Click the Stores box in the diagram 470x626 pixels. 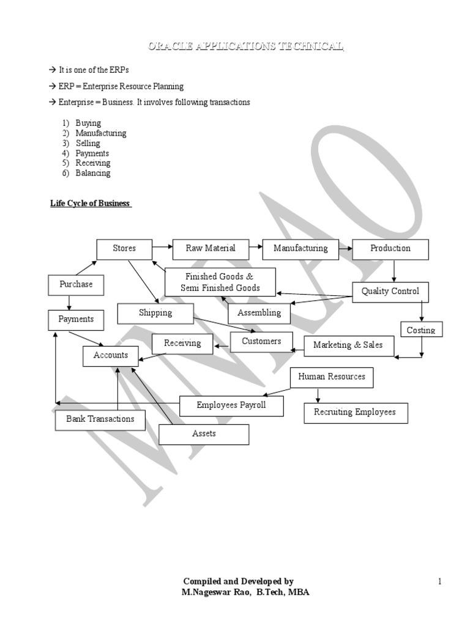[x=124, y=249]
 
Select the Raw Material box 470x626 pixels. [x=211, y=249]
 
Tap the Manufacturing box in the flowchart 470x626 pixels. [x=300, y=249]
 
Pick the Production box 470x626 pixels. [x=390, y=249]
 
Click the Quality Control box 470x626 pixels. [x=390, y=292]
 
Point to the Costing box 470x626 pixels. [x=421, y=330]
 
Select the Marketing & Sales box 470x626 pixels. [x=348, y=345]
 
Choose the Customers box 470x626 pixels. [x=261, y=342]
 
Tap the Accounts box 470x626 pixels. [x=111, y=355]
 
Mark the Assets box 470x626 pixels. [x=204, y=434]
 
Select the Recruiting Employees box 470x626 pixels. [x=355, y=413]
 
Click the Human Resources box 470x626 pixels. [x=332, y=377]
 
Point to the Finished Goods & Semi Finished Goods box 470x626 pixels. [x=220, y=282]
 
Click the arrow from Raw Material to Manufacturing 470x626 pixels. [x=256, y=248]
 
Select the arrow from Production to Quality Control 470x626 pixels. [x=394, y=271]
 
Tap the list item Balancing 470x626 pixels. [x=92, y=173]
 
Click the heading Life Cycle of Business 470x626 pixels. [x=91, y=204]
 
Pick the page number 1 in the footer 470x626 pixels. [x=439, y=581]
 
